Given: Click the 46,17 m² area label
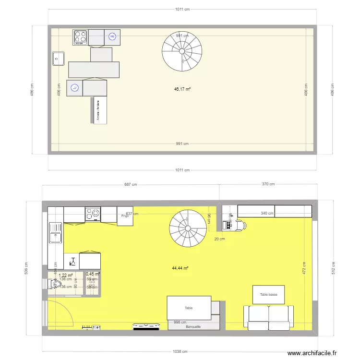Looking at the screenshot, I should pos(182,89).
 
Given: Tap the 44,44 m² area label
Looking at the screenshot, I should pos(181,269).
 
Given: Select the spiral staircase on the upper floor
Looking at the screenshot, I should pos(182,50).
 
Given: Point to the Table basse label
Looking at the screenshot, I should pos(268,295).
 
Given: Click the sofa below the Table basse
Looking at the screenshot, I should pos(269,317).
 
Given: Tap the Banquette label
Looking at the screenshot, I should pos(193,327).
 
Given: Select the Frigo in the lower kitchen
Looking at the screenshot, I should pos(125,216).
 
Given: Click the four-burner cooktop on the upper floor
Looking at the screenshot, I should pos(80,37).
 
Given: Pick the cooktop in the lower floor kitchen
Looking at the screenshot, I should pos(93,214).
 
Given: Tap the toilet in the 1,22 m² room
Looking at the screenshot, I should pos(53,284).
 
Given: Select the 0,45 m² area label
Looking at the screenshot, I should pos(93,275).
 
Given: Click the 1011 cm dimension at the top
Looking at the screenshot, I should pos(182,9).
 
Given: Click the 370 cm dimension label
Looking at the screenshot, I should pos(268,184).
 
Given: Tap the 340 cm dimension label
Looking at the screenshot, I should pos(267,214).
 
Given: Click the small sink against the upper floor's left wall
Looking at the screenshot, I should pos(59,58).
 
